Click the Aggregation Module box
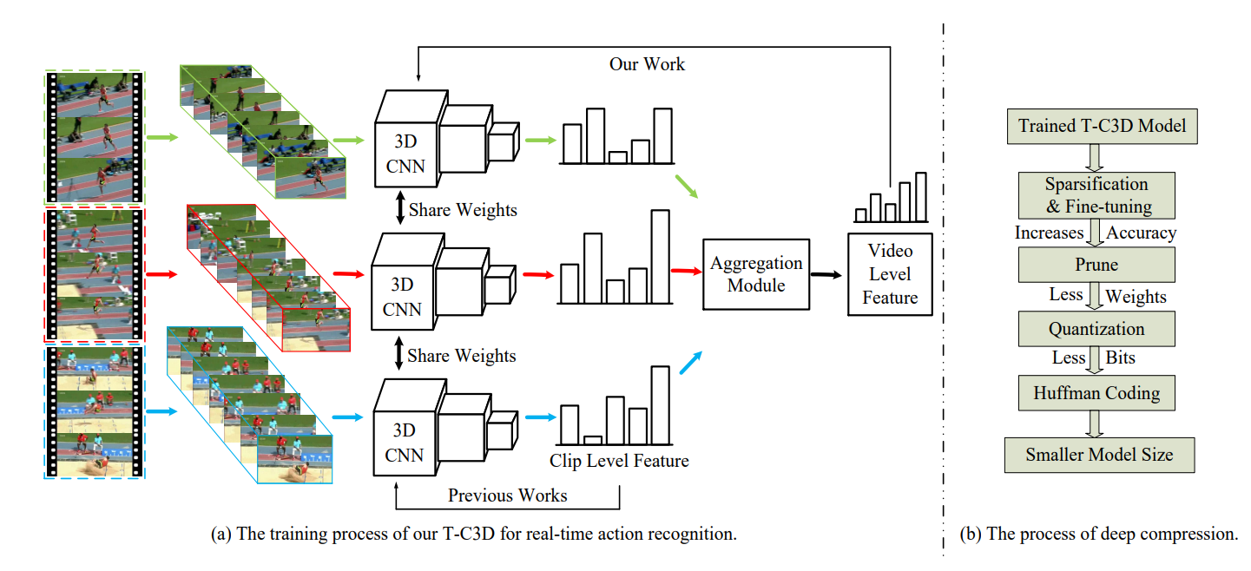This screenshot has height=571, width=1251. [756, 274]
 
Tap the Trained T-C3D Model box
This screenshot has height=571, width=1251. [1102, 127]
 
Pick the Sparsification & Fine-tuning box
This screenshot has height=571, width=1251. [1097, 195]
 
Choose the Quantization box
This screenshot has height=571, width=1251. [1097, 329]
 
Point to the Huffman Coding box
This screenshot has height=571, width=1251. [1097, 393]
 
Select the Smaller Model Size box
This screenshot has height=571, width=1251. [1099, 455]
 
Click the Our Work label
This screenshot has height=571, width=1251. [647, 64]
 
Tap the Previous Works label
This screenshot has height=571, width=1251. [507, 496]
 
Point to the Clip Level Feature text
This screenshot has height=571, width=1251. [619, 460]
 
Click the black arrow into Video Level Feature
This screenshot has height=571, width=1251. [826, 274]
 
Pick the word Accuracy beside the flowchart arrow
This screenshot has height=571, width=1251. [1142, 233]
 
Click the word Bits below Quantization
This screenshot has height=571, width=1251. [1120, 358]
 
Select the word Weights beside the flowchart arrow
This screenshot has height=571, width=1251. [1136, 297]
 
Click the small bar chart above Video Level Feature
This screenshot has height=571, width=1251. [890, 198]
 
